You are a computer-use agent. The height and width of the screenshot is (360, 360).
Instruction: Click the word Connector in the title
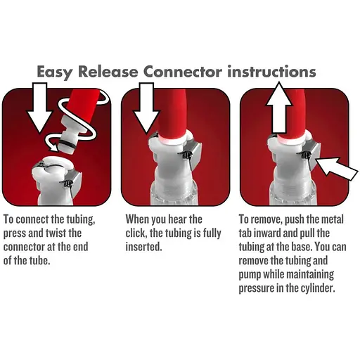[x=183, y=72]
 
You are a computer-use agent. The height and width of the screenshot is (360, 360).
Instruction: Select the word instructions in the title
[x=272, y=72]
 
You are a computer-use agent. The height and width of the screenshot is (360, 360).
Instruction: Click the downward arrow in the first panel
[x=39, y=108]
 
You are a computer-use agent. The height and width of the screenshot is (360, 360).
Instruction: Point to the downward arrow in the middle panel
[x=147, y=108]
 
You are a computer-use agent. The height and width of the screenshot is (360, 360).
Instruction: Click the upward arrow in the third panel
[x=278, y=107]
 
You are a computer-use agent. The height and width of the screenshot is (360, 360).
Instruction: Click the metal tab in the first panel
[x=76, y=185]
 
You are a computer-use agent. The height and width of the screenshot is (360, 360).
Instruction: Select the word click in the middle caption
[x=135, y=233]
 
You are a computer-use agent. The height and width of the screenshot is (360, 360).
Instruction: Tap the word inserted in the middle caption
[x=143, y=247]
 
